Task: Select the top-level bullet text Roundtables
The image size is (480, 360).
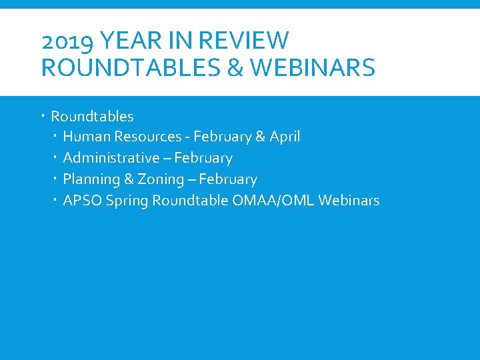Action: pyautogui.click(x=92, y=117)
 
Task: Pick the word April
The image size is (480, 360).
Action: pyautogui.click(x=285, y=137)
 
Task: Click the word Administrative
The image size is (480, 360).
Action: pyautogui.click(x=111, y=158)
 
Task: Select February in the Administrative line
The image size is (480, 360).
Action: pyautogui.click(x=203, y=158)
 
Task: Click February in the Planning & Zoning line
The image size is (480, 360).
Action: pyautogui.click(x=228, y=179)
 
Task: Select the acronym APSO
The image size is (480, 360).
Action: pyautogui.click(x=81, y=201)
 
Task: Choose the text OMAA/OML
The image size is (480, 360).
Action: pyautogui.click(x=273, y=201)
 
